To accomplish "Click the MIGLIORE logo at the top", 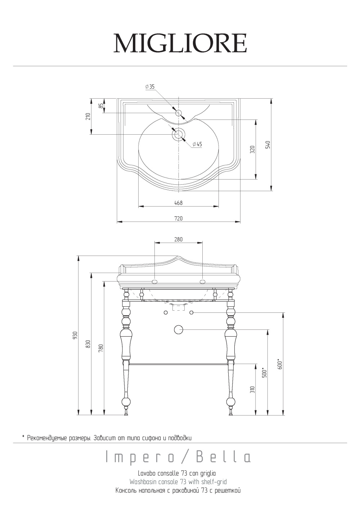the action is point(180,43).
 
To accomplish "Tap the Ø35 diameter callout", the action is point(150,87).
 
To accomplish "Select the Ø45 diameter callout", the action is point(197,144).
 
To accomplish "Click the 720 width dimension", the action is point(179,219).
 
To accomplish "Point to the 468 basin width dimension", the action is point(179,203).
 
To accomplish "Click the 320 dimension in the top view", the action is point(252,149).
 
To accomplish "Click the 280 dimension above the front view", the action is point(179,239).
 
